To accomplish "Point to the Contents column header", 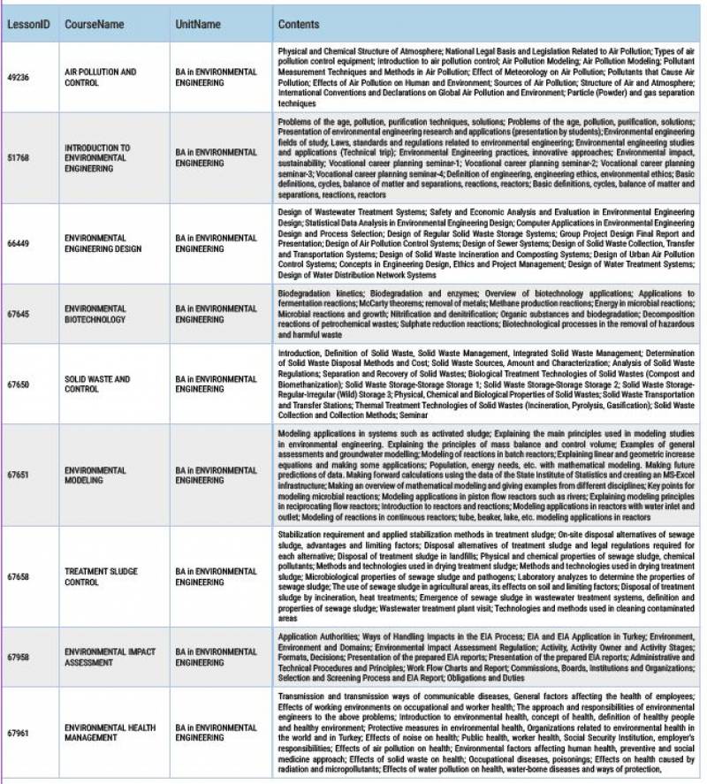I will pos(300,25).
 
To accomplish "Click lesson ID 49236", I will pos(19,78).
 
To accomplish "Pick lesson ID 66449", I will pos(19,243).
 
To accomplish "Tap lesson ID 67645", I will pos(19,314).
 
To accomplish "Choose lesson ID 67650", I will pos(19,384).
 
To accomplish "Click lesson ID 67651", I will pos(19,475).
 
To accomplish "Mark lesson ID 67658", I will pos(19,576).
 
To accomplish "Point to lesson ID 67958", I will pos(19,657).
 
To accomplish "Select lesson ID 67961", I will pos(19,733).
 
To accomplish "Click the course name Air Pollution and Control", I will pos(101,78).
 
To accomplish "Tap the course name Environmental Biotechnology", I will pos(95,314).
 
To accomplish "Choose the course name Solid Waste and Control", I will pos(97,384).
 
